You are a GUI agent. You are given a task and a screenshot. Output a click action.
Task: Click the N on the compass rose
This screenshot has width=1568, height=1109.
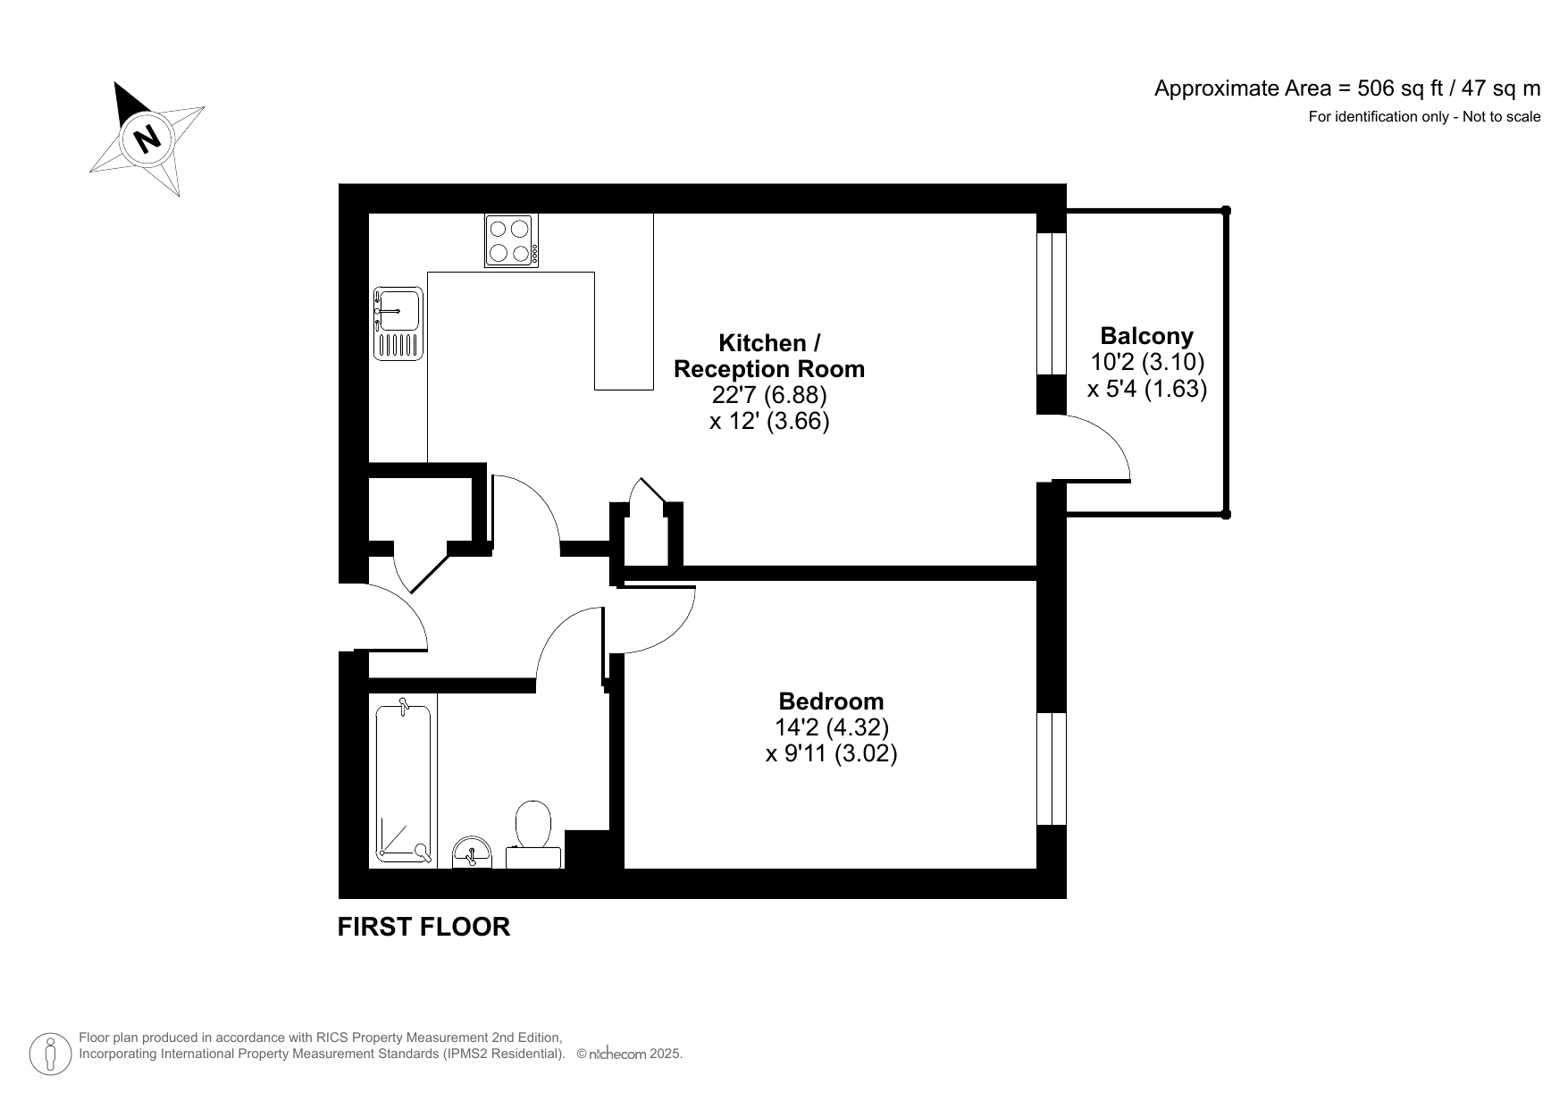(x=147, y=139)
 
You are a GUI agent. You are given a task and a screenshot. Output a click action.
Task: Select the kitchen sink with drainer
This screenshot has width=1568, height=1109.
(x=398, y=323)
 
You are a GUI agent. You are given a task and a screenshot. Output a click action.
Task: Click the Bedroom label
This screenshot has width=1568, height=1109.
(x=831, y=702)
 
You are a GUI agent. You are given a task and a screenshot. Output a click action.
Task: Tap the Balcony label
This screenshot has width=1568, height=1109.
(x=1146, y=337)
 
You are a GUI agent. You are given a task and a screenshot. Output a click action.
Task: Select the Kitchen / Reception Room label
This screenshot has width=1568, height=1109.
(x=768, y=356)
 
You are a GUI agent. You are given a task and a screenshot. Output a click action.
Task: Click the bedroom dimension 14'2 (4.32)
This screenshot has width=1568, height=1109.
(x=831, y=727)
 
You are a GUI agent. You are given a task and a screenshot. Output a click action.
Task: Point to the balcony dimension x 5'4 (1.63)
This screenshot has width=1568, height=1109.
(x=1146, y=390)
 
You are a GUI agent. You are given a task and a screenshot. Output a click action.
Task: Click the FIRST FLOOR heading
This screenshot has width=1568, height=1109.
(x=423, y=928)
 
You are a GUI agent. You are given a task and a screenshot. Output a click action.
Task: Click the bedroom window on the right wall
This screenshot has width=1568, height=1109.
(x=1051, y=769)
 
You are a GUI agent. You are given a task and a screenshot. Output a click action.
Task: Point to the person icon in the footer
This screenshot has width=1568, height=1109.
(x=51, y=1054)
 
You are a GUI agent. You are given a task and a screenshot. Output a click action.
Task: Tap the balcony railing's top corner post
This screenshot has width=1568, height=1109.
(x=1226, y=211)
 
